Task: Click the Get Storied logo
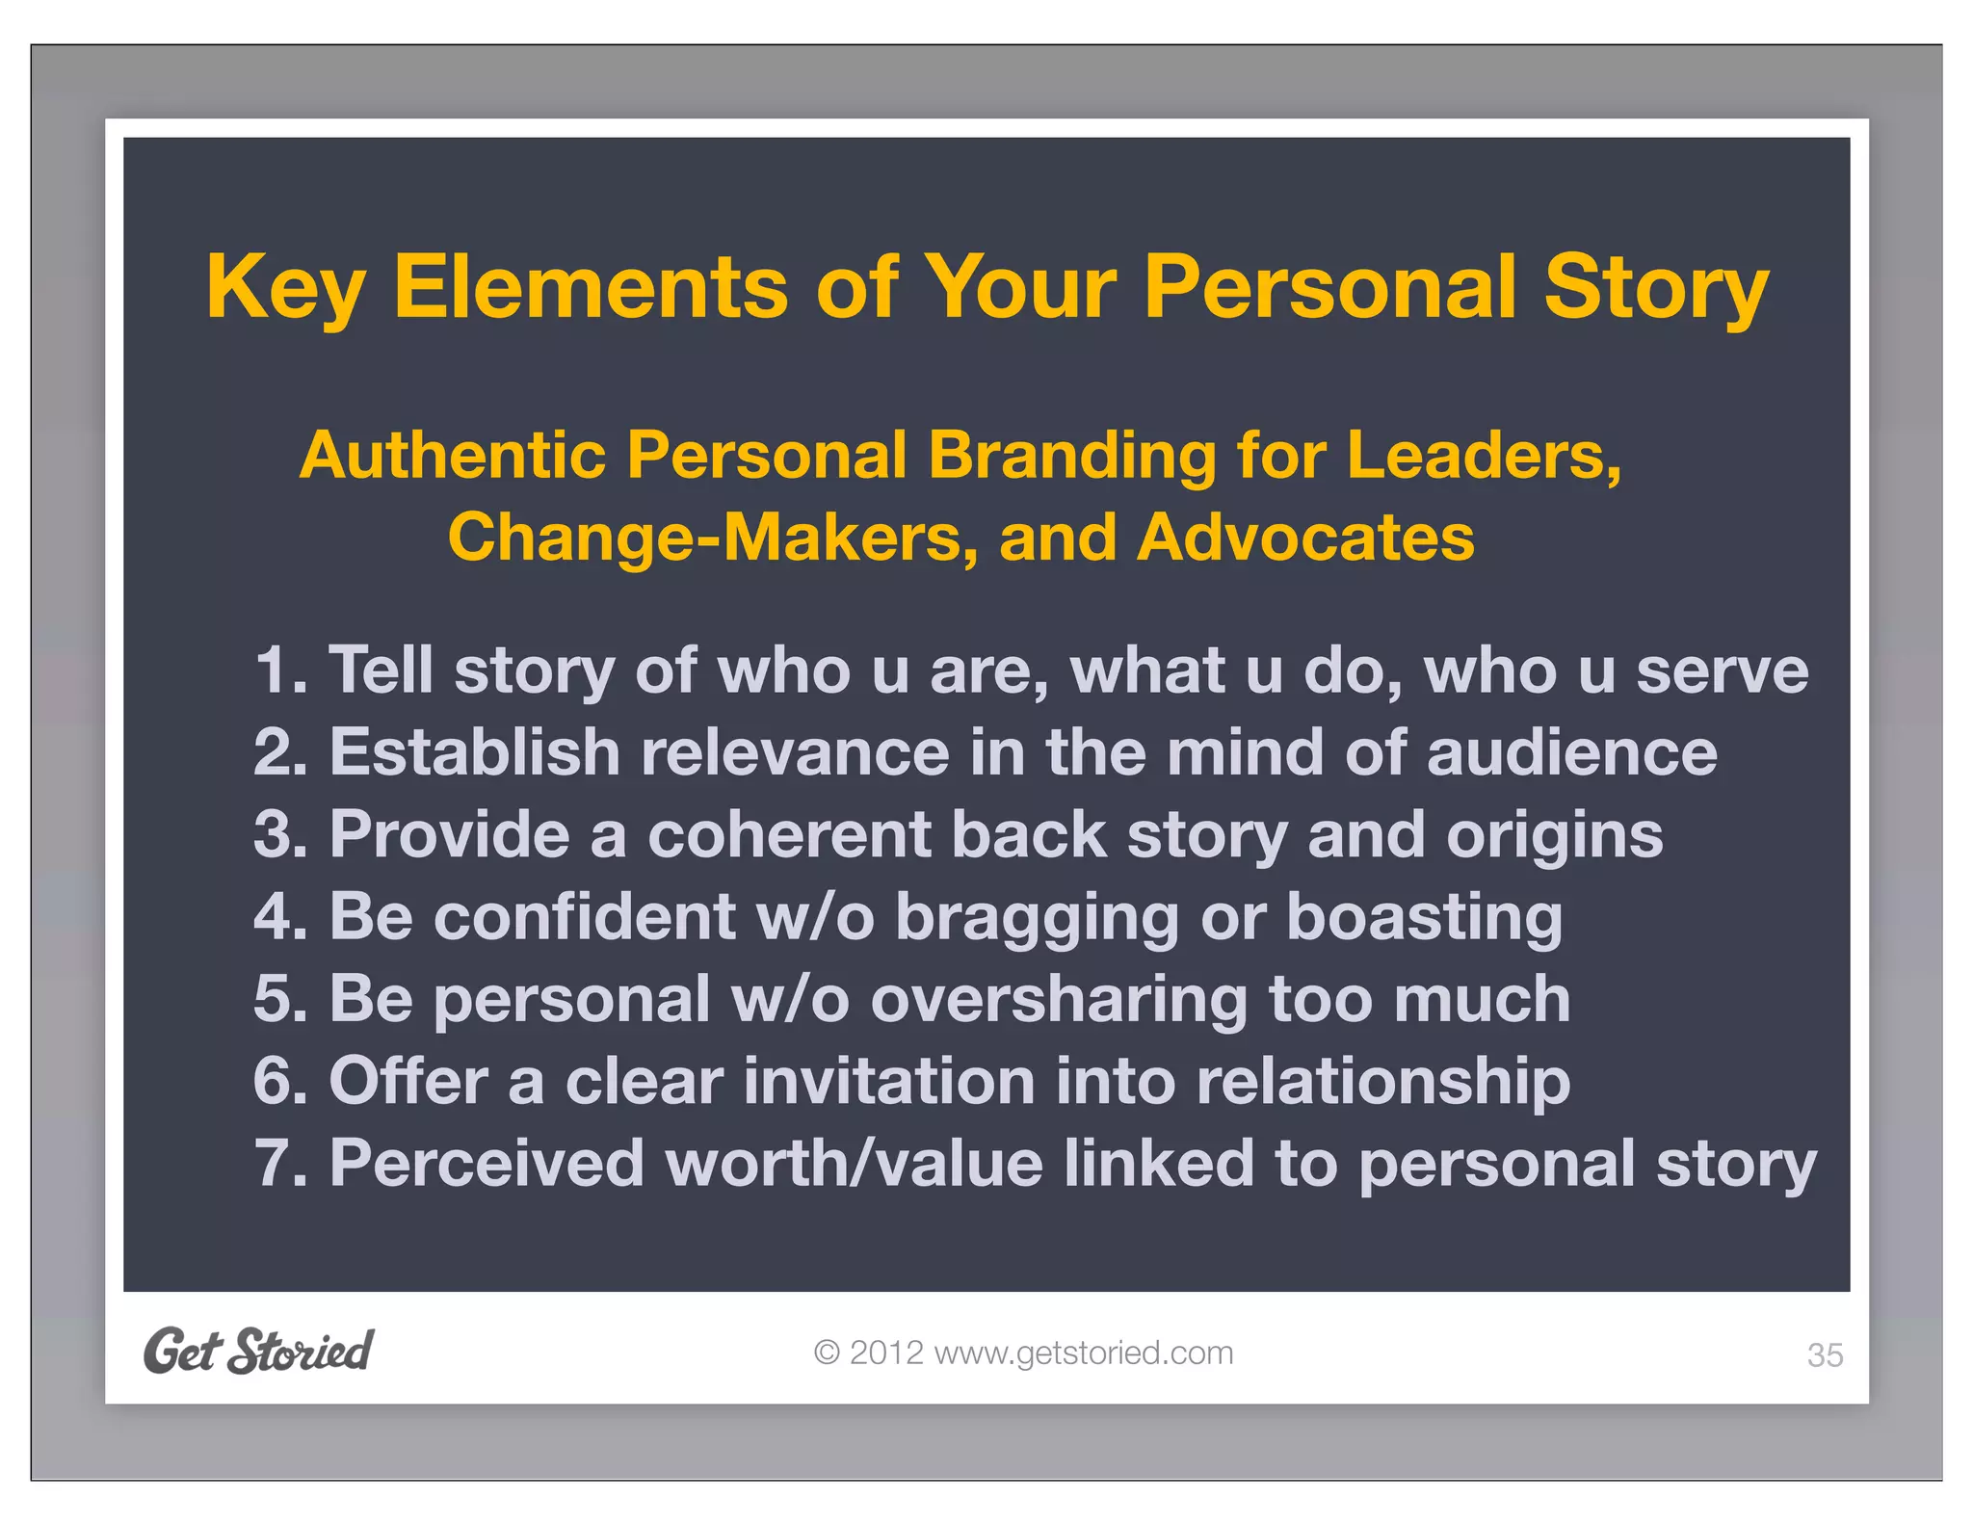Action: click(258, 1351)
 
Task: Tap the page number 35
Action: click(1825, 1355)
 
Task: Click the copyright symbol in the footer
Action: click(826, 1353)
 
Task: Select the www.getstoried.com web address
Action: click(1083, 1353)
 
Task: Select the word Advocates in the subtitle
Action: click(1304, 537)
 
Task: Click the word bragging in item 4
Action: click(1037, 918)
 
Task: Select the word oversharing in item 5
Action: click(1059, 1000)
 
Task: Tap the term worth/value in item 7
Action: click(854, 1164)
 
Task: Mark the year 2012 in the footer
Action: click(886, 1353)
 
